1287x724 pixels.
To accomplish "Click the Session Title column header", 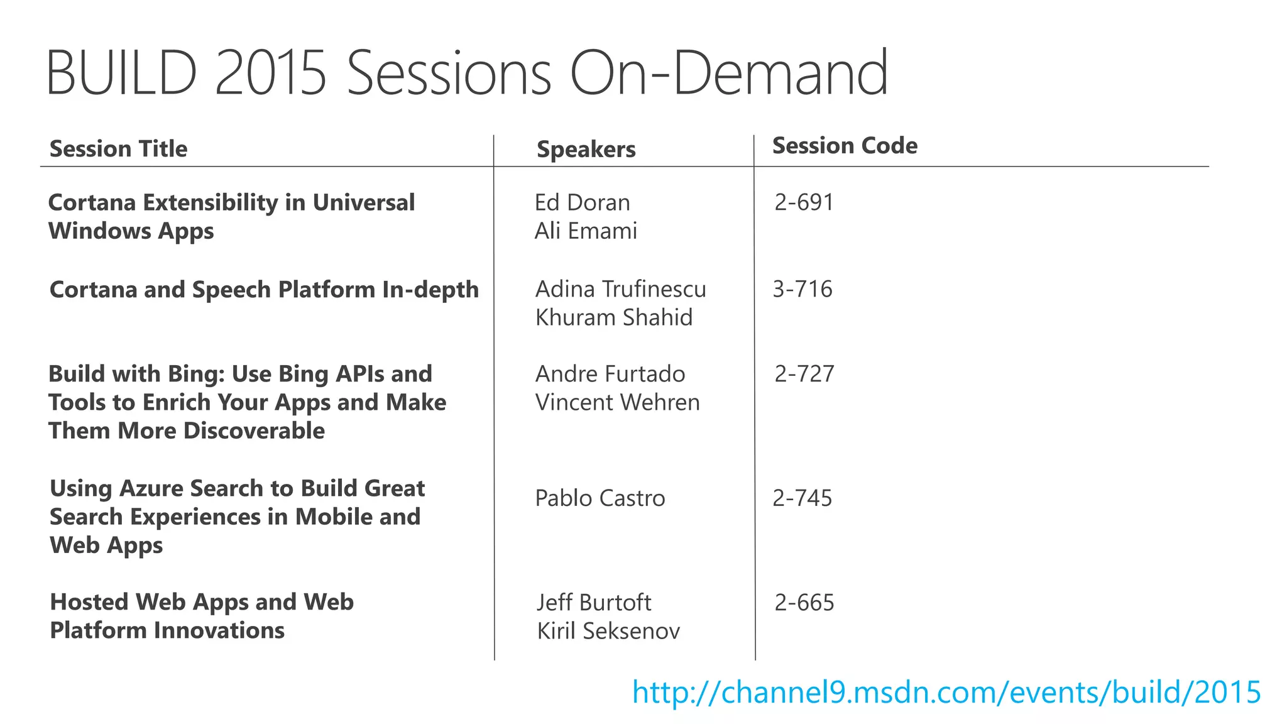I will (x=118, y=149).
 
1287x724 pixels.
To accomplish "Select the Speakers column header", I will (x=586, y=150).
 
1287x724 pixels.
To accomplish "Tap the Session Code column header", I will (x=844, y=146).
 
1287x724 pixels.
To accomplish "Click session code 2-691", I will (x=804, y=202).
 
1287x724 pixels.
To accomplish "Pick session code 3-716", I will (x=802, y=289).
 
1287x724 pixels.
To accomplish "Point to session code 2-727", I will (x=804, y=374).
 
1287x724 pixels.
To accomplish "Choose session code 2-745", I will (x=802, y=498).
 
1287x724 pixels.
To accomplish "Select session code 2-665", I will (x=804, y=603).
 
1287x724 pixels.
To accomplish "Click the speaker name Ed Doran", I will (x=582, y=202).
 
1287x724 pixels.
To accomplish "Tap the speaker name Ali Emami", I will (x=586, y=231).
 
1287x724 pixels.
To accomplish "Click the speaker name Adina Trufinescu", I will (x=620, y=289).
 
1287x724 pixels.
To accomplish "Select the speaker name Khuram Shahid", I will (x=613, y=317).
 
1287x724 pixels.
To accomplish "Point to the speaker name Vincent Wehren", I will (x=617, y=402).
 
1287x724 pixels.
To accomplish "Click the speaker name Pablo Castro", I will (x=600, y=498).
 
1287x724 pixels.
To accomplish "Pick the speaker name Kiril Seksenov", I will (x=608, y=631).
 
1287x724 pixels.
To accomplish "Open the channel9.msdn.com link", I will (x=946, y=693).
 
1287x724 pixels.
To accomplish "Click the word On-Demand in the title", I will (x=728, y=74).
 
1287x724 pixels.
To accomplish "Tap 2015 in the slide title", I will (x=271, y=74).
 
